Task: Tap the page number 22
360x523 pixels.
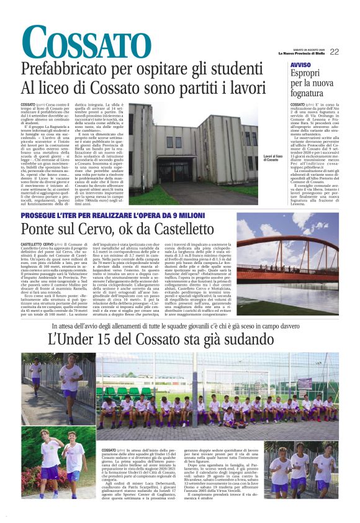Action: pos(334,52)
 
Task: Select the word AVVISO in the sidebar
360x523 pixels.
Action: pos(300,65)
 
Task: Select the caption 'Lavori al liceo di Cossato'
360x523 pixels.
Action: pos(273,159)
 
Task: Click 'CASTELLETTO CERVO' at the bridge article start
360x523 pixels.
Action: pos(37,246)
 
